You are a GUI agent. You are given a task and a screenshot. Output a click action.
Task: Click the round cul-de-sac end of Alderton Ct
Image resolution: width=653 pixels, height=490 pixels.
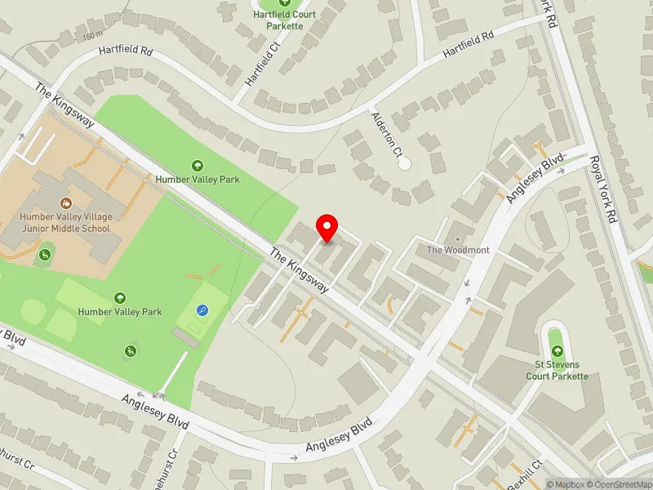click(x=404, y=163)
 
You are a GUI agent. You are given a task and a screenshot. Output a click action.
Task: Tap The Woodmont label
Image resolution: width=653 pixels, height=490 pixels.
click(x=458, y=250)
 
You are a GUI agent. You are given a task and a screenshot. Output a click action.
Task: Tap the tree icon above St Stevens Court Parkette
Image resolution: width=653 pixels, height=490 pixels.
click(x=557, y=354)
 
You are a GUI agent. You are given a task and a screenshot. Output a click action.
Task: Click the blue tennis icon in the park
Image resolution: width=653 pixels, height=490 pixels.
click(x=202, y=310)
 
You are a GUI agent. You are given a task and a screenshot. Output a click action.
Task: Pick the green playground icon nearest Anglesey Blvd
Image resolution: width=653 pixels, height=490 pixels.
click(x=129, y=351)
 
